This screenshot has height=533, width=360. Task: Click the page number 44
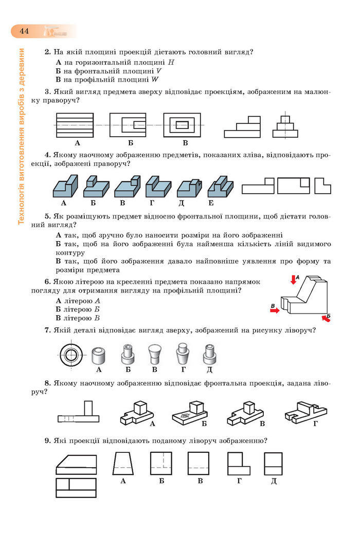(24, 31)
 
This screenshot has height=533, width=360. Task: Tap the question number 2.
(47, 52)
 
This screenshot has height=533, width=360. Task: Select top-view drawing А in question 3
(75, 125)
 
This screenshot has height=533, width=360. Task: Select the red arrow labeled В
(275, 310)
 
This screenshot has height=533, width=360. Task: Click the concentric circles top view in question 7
(70, 354)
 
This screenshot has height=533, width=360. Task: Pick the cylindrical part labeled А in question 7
(99, 355)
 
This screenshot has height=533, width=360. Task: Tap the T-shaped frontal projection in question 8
(80, 412)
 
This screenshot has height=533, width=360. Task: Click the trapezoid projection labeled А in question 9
(122, 464)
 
